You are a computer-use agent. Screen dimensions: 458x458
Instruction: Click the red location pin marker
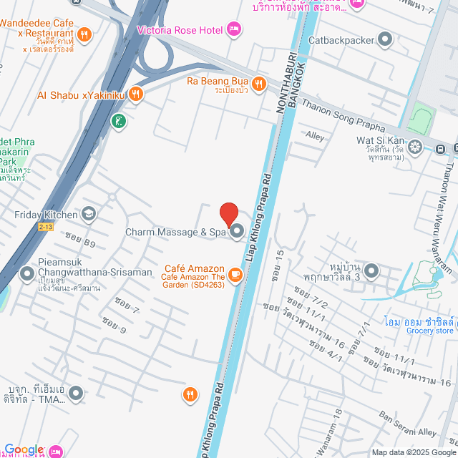point(228,214)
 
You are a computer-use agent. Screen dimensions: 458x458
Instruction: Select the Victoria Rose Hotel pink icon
point(233,29)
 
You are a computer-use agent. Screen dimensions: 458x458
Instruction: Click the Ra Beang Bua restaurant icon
point(258,83)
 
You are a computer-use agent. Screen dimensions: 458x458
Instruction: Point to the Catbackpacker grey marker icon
point(386,40)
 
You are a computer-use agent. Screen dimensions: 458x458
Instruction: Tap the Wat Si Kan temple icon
point(414,147)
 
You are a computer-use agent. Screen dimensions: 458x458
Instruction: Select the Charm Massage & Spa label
point(175,232)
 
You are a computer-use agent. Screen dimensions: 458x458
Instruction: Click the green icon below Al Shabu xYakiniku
point(119,122)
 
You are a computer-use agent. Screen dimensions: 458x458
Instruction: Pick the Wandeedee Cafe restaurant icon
point(84,33)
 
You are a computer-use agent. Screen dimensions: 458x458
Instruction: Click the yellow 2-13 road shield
point(47,226)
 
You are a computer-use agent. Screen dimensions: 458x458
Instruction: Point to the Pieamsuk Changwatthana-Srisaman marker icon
point(27,273)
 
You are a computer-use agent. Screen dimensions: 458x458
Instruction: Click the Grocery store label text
point(429,331)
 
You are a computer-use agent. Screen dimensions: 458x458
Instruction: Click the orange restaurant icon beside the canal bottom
point(190,393)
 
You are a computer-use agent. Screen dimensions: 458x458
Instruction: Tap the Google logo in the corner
point(22,449)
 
